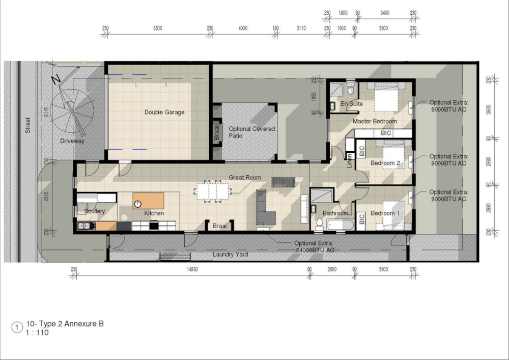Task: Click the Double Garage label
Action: [x=164, y=113]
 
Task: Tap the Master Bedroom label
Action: [x=375, y=121]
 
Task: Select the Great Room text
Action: [x=245, y=178]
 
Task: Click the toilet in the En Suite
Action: [x=351, y=88]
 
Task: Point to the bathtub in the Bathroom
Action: [x=340, y=225]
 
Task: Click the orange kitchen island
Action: [x=148, y=201]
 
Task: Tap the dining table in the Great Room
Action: [x=212, y=191]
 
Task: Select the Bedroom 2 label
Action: [x=385, y=163]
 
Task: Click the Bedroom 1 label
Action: [x=385, y=213]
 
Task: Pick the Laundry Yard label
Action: [x=230, y=255]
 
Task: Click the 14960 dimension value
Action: [x=192, y=269]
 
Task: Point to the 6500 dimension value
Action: [x=157, y=28]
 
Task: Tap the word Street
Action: [x=28, y=125]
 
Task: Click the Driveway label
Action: [x=72, y=141]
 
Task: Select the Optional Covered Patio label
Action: [x=251, y=132]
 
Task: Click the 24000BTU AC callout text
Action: [x=315, y=251]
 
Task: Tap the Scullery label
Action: [x=95, y=211]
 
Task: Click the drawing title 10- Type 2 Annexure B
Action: [x=65, y=324]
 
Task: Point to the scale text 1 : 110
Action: [x=37, y=333]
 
